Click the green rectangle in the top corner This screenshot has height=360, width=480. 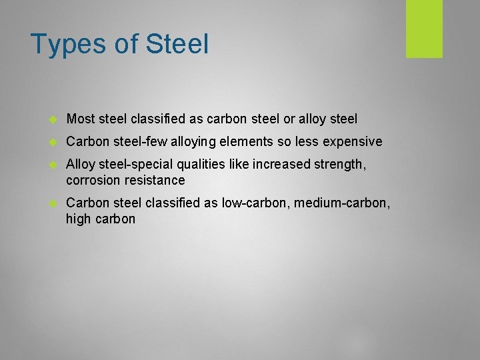[424, 29]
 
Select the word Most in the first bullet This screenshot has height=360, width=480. [81, 119]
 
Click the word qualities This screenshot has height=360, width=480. [211, 164]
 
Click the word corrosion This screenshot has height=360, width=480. [91, 180]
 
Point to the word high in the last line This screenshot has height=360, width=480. [79, 219]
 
